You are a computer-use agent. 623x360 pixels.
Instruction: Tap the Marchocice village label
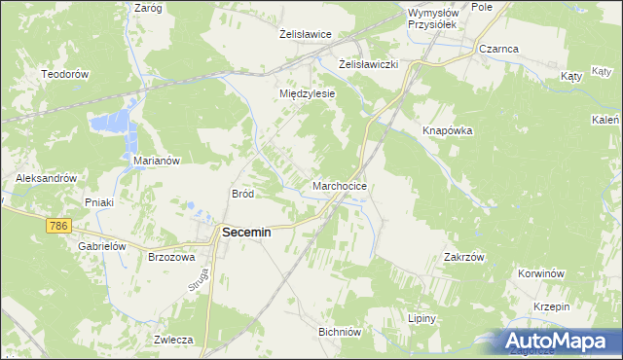pos(340,185)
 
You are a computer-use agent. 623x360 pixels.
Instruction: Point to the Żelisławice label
pos(306,34)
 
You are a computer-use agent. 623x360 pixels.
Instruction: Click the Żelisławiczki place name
pos(371,64)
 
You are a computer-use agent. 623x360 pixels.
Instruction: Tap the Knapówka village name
pos(447,130)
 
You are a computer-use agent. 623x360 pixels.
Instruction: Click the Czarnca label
pos(497,48)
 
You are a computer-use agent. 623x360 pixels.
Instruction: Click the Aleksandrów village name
pos(46,179)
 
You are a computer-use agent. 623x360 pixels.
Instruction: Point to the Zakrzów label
pos(463,257)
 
